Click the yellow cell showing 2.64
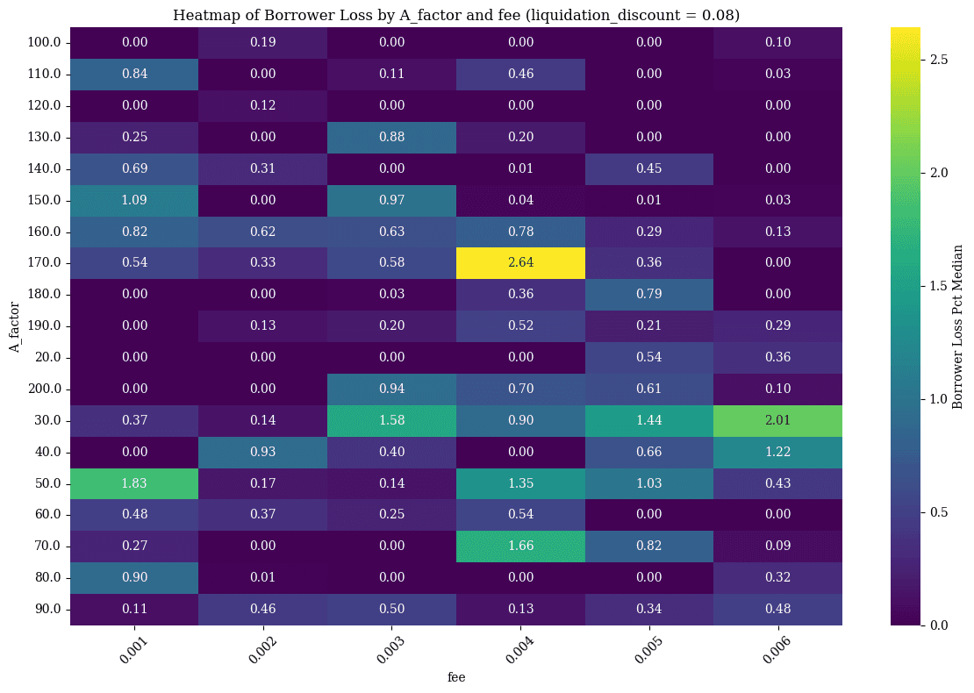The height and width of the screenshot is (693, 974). [520, 263]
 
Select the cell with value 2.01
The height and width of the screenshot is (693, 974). [777, 420]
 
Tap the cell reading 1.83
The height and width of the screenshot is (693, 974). [134, 483]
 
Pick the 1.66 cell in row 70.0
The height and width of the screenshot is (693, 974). [520, 546]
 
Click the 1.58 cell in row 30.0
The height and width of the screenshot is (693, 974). [391, 420]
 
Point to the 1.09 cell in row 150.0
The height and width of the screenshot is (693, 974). [134, 200]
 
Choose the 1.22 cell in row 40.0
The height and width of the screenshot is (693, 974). [777, 452]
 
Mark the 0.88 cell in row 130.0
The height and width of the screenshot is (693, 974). [391, 137]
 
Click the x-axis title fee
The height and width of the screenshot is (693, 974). [456, 677]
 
